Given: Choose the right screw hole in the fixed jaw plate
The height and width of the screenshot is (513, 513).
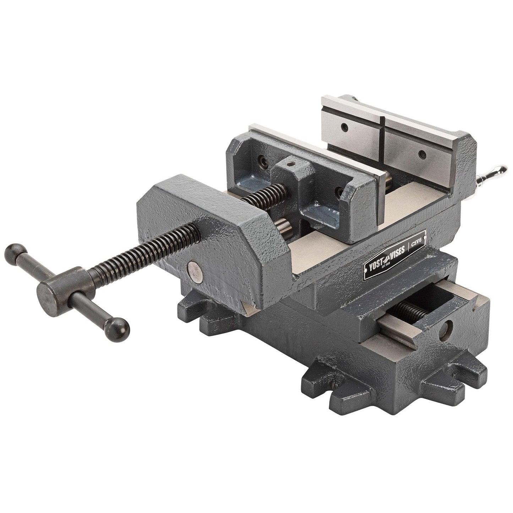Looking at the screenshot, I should (422, 153).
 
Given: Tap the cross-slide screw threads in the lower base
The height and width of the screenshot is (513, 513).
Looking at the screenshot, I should (412, 310).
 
